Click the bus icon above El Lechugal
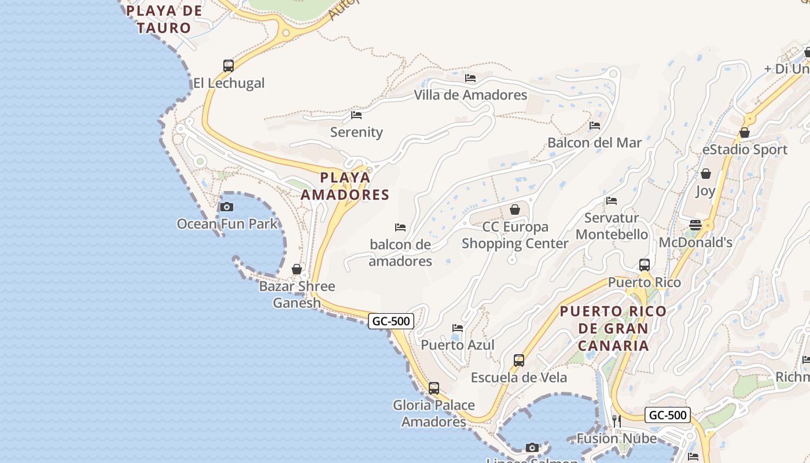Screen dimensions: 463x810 point(229,65)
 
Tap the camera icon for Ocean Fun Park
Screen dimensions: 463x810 point(227,207)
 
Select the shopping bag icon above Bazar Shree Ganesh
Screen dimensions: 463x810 point(297,269)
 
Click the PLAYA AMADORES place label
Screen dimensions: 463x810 point(345,186)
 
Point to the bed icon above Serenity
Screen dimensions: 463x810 point(356,115)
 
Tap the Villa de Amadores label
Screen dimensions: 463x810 point(470,95)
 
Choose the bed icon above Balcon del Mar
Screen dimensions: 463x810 point(595,126)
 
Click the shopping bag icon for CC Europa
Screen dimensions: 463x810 point(515,210)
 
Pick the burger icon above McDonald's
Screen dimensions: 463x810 point(695,225)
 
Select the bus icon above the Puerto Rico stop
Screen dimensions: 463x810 point(645,265)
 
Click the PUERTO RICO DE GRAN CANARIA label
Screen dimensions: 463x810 point(613,329)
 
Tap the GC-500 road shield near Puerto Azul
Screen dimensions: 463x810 point(391,321)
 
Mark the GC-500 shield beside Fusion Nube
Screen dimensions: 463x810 point(668,415)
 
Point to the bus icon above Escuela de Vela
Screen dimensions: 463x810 point(519,361)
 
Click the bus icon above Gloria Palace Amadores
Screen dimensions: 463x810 point(434,388)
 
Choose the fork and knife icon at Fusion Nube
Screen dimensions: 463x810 point(617,421)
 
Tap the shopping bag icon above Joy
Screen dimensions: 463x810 point(706,174)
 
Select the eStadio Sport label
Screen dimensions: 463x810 point(745,150)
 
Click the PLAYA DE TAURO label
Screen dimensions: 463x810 point(164,19)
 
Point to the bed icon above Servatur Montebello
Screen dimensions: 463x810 point(612,201)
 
